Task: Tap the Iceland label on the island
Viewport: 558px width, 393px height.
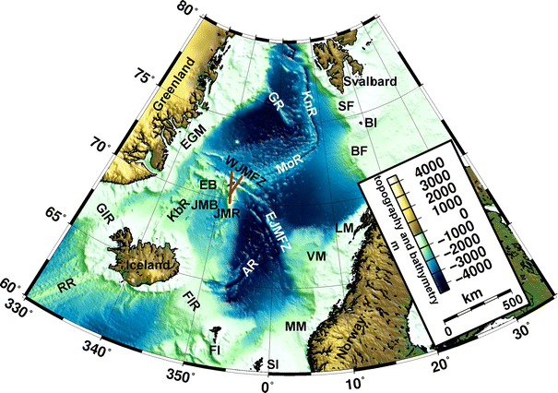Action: pyautogui.click(x=144, y=265)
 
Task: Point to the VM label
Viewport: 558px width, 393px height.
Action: pyautogui.click(x=316, y=255)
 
